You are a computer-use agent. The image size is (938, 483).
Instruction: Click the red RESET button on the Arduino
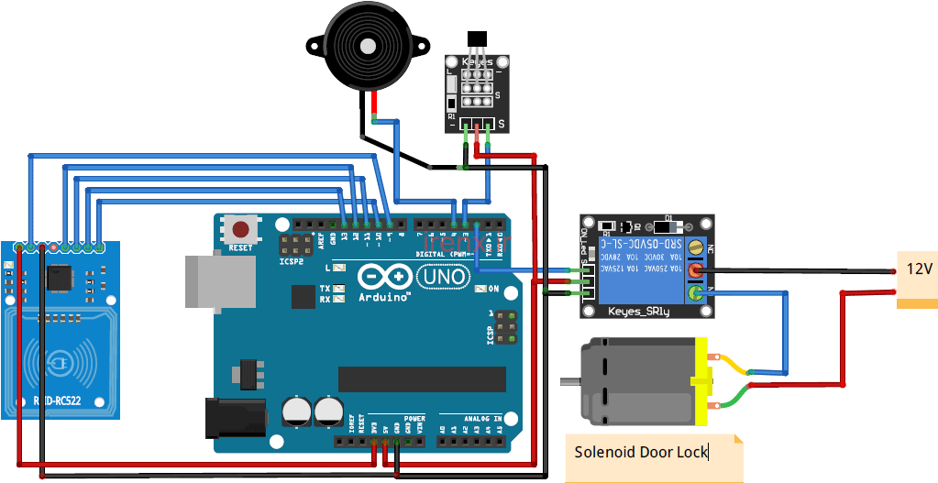click(x=241, y=230)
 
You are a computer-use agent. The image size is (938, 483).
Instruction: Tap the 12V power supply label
click(x=919, y=269)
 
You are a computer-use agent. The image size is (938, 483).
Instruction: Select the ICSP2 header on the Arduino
click(x=295, y=245)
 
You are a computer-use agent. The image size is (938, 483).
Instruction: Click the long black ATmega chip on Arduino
click(x=422, y=379)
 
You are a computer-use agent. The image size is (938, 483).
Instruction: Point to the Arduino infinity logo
click(x=384, y=276)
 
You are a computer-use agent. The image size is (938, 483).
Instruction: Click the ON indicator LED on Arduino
click(x=480, y=289)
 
